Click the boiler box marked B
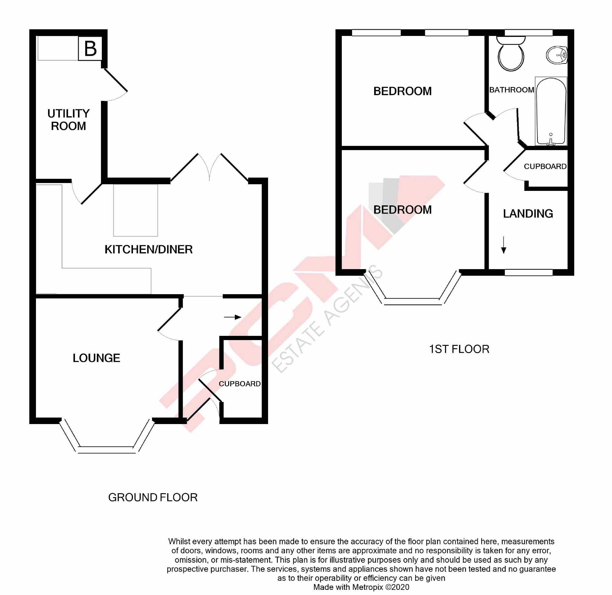(x=90, y=48)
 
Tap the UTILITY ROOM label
(x=69, y=120)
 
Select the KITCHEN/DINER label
(x=149, y=249)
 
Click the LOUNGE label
(x=96, y=358)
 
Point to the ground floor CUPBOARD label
(x=240, y=384)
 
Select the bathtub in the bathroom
(x=551, y=111)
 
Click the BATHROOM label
(x=512, y=90)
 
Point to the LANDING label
(x=528, y=214)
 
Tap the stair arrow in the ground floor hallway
(x=233, y=317)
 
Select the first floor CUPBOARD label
(x=545, y=166)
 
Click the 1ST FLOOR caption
(x=459, y=349)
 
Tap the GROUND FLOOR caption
(x=153, y=497)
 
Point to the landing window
(x=529, y=272)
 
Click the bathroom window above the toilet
(x=529, y=33)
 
